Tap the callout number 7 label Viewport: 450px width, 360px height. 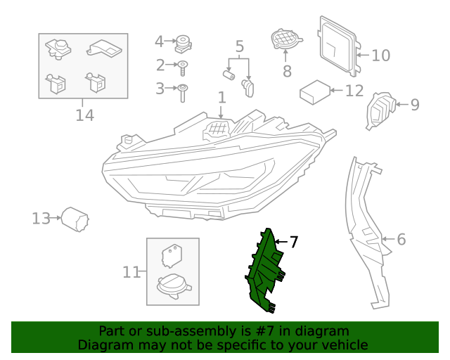(x=294, y=242)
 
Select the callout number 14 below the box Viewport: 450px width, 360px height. (x=84, y=115)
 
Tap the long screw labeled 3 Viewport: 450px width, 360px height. (x=182, y=91)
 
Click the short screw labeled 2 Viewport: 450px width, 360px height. (x=183, y=67)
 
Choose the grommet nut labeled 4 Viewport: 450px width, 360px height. (x=184, y=42)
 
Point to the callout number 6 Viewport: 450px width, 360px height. (x=401, y=239)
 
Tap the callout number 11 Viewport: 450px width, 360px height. (x=131, y=272)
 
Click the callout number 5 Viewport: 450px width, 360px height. (x=239, y=47)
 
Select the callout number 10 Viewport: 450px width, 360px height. (x=380, y=55)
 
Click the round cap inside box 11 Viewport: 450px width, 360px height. (x=172, y=285)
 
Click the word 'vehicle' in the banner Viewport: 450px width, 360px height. (x=344, y=345)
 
